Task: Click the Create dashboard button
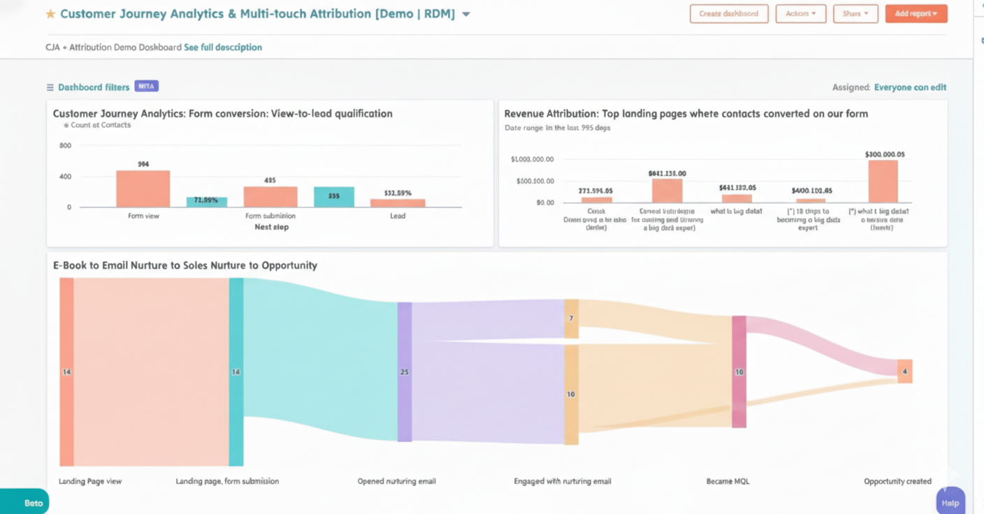pos(729,14)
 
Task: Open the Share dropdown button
pos(855,14)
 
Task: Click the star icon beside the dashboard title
pos(50,14)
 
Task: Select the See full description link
pos(223,47)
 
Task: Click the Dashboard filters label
pos(93,87)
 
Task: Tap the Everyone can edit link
pos(910,87)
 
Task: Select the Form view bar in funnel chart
pos(143,189)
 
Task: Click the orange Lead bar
pos(398,203)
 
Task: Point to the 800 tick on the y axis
pos(65,145)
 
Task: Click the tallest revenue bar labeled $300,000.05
pos(883,182)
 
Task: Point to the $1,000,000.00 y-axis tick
pos(533,159)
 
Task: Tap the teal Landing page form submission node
pos(236,372)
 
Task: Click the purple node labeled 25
pos(405,372)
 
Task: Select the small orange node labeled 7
pos(571,318)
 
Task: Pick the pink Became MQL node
pos(739,372)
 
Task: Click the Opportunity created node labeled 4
pos(904,372)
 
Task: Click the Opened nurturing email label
pos(396,481)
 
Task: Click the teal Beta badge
pos(28,503)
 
